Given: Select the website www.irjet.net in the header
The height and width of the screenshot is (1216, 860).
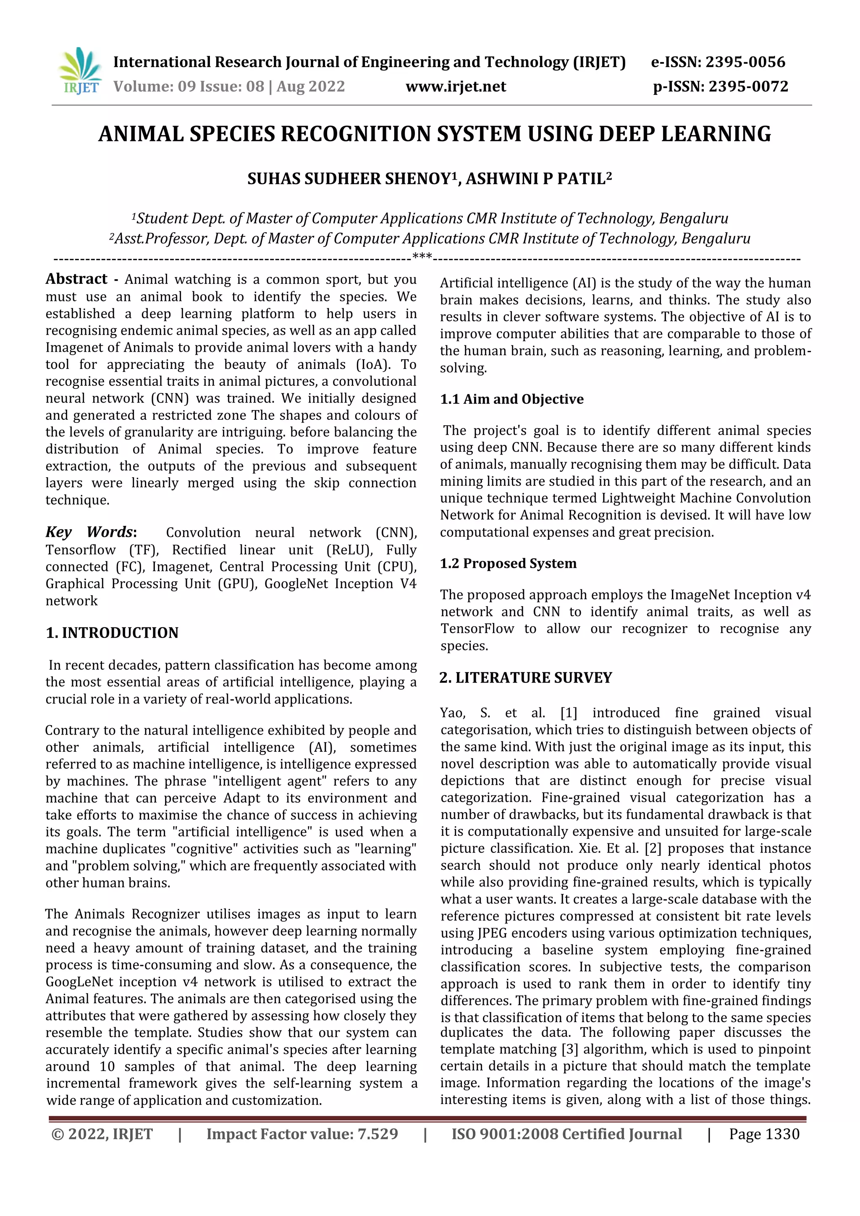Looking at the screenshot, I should pyautogui.click(x=456, y=87).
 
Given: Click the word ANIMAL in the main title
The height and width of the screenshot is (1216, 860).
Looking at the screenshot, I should pyautogui.click(x=140, y=134).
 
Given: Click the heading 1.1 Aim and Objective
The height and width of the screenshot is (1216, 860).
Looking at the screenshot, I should pyautogui.click(x=511, y=399).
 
